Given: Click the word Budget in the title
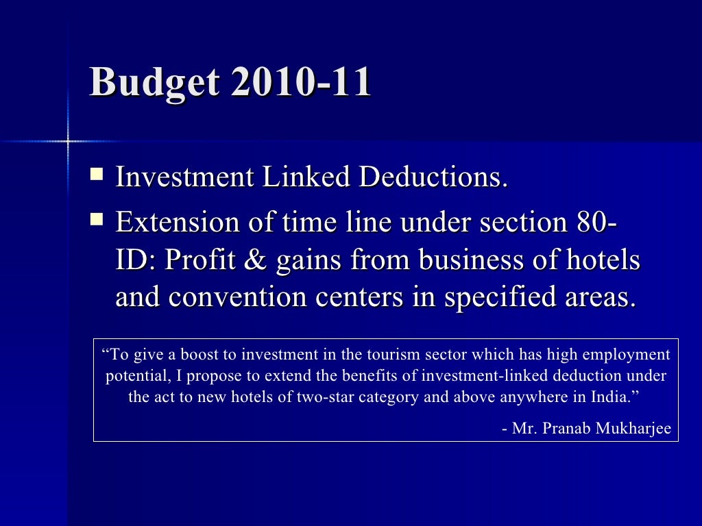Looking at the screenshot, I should [x=154, y=83].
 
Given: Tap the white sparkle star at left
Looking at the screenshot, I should [x=68, y=141].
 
